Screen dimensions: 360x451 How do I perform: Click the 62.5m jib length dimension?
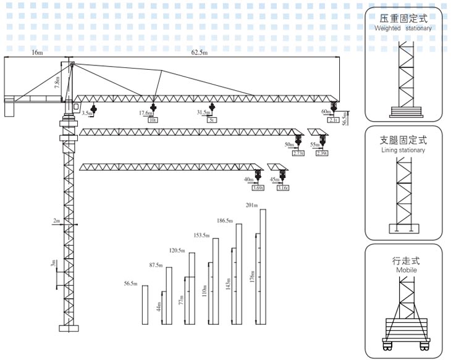pos(199,53)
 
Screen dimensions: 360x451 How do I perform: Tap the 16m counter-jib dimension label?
pos(37,53)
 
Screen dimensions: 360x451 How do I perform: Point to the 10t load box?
pos(152,120)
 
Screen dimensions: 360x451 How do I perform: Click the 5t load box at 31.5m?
pos(212,120)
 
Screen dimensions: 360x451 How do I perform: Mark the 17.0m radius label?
pos(145,113)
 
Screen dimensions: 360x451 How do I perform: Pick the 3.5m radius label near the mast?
pos(86,113)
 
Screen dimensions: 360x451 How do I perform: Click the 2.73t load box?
pos(298,153)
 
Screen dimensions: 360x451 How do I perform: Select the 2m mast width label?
pos(57,220)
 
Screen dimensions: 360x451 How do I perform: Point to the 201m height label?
pos(251,205)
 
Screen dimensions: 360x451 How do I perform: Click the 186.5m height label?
pos(225,220)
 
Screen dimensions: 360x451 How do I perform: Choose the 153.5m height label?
pos(201,235)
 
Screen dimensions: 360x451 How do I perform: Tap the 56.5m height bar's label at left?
pos(130,283)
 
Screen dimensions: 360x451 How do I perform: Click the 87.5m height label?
pos(156,265)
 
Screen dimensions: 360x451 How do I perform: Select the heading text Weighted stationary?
pos(403,28)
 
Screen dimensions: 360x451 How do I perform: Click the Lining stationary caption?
pos(403,150)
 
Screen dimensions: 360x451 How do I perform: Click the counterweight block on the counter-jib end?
pos(9,109)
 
